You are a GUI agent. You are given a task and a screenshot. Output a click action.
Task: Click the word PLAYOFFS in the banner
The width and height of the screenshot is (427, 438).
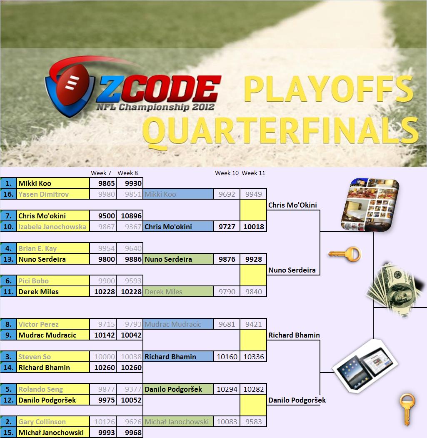329,89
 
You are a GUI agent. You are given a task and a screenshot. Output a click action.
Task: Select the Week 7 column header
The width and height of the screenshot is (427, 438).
101,173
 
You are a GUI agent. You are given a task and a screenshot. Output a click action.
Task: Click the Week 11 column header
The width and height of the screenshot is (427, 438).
253,173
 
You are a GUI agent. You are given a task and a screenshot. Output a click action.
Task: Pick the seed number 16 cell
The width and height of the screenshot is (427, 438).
8,194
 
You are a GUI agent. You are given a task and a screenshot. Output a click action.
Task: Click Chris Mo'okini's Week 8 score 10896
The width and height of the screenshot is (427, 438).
131,215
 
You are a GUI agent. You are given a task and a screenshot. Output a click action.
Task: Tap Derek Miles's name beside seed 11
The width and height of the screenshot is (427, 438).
39,292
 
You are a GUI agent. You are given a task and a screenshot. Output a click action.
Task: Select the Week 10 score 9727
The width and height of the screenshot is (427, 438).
227,227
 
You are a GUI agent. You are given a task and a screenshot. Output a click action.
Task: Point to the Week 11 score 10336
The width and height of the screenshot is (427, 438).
254,357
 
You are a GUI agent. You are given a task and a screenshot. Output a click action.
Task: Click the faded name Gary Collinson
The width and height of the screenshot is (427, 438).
42,422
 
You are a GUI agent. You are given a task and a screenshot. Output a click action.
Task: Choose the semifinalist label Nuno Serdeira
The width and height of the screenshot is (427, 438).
292,270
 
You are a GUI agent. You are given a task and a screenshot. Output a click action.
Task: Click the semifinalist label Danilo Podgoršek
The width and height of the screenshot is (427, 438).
297,400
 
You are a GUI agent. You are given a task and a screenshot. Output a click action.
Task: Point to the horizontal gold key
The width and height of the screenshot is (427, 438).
345,254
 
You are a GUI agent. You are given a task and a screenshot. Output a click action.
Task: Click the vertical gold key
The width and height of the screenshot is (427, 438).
407,409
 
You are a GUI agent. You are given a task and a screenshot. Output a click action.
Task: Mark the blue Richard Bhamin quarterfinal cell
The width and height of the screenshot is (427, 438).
178,357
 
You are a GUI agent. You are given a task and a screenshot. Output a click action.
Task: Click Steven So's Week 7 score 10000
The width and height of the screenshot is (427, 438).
105,357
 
